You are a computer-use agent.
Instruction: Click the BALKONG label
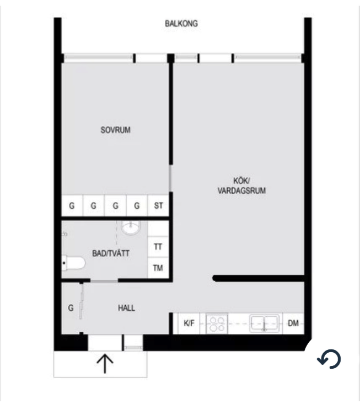click(181, 24)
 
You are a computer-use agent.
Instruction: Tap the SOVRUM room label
click(115, 130)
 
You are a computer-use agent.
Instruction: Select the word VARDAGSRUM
click(241, 190)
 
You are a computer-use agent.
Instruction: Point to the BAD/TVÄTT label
click(111, 253)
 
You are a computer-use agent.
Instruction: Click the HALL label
click(126, 308)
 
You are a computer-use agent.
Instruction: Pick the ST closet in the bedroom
click(158, 205)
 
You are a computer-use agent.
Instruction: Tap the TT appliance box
click(158, 247)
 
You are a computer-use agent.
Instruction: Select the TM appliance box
click(158, 268)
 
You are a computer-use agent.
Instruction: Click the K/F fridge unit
click(189, 323)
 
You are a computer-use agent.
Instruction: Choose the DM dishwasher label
click(293, 323)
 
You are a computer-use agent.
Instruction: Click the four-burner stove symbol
click(217, 323)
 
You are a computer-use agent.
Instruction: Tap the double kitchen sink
click(264, 323)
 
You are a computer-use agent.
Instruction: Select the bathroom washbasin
click(131, 228)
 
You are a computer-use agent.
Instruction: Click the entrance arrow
click(105, 363)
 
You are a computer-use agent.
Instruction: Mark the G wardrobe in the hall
click(71, 308)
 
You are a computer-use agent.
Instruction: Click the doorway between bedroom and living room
click(170, 178)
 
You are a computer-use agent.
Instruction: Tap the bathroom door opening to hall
click(104, 280)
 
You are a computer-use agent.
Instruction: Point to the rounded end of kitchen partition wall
click(214, 278)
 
